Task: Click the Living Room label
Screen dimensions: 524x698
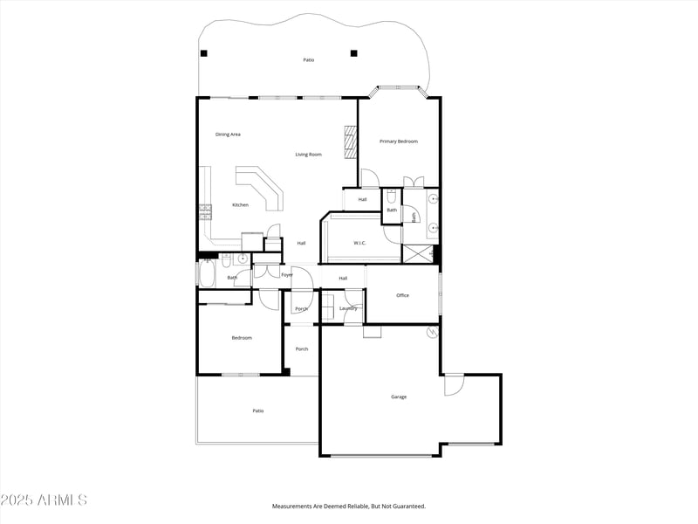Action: pyautogui.click(x=308, y=155)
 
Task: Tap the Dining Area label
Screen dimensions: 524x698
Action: pyautogui.click(x=228, y=134)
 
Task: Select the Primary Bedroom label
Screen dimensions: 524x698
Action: pyautogui.click(x=398, y=141)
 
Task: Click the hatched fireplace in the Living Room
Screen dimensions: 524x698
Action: pyautogui.click(x=351, y=142)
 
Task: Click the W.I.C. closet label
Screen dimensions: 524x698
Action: pyautogui.click(x=360, y=242)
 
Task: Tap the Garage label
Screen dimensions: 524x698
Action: pyautogui.click(x=398, y=396)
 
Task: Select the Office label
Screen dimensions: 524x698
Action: pyautogui.click(x=402, y=295)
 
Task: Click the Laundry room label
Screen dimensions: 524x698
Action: pyautogui.click(x=348, y=308)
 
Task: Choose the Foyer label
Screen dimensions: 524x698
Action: pyautogui.click(x=286, y=275)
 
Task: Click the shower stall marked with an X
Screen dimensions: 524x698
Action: pyautogui.click(x=417, y=254)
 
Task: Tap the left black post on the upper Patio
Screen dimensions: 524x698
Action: pyautogui.click(x=204, y=53)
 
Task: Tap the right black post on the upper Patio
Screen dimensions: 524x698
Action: pyautogui.click(x=353, y=53)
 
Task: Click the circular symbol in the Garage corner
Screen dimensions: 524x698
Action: pyautogui.click(x=431, y=332)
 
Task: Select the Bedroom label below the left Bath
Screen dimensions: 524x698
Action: pyautogui.click(x=241, y=338)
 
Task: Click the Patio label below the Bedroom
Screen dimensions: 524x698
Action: pyautogui.click(x=257, y=410)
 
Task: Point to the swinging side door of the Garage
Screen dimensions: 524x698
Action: pyautogui.click(x=455, y=385)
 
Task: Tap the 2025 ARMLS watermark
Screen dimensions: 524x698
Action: pyautogui.click(x=44, y=500)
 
